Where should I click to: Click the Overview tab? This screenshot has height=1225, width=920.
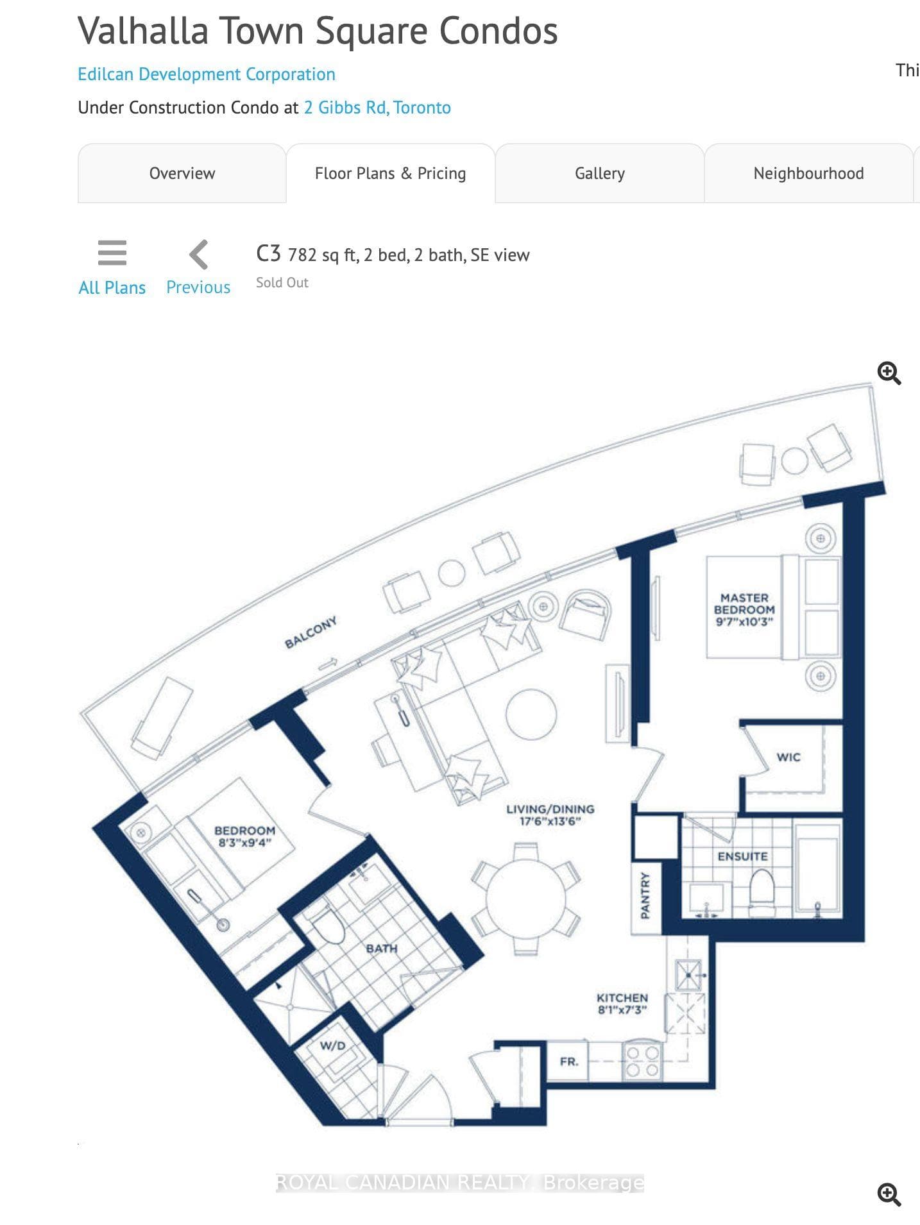(x=182, y=173)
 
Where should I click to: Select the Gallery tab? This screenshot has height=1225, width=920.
(x=600, y=173)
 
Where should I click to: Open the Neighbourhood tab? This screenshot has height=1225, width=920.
(x=808, y=173)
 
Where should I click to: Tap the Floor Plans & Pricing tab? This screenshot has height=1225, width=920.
(x=391, y=173)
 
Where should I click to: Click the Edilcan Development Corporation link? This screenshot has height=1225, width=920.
(x=207, y=74)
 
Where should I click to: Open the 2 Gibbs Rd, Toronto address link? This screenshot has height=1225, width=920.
(x=377, y=107)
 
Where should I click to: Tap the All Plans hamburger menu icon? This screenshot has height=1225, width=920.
(x=112, y=253)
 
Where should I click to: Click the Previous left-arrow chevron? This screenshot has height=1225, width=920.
(x=199, y=255)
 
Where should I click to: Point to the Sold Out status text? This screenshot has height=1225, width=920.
(x=282, y=283)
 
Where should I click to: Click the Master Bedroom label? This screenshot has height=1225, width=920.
(x=744, y=604)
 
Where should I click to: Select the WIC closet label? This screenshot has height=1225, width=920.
(x=788, y=757)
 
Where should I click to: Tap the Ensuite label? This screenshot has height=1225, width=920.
(x=742, y=856)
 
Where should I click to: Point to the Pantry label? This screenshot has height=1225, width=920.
(x=645, y=895)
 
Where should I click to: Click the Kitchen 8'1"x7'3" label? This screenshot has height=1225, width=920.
(x=622, y=1004)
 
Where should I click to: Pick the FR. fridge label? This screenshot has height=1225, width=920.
(x=569, y=1061)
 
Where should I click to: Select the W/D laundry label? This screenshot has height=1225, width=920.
(x=332, y=1046)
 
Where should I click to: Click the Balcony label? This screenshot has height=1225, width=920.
(x=311, y=633)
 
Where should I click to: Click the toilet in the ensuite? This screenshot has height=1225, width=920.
(x=762, y=886)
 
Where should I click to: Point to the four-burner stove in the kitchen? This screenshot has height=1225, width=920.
(x=643, y=1061)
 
